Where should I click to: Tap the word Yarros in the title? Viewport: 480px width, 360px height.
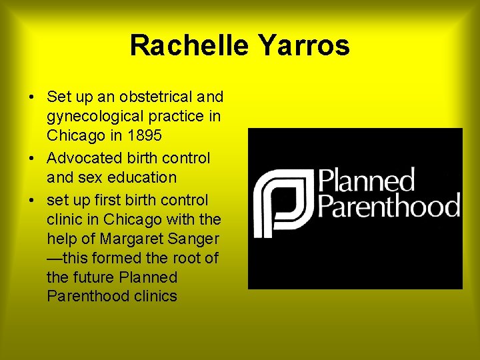(x=304, y=46)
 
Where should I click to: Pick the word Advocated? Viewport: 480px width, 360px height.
(x=82, y=159)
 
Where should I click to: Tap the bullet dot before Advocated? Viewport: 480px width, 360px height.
(x=33, y=159)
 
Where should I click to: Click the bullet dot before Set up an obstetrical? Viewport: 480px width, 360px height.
(x=33, y=97)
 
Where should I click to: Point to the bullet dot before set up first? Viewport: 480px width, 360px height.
(x=33, y=201)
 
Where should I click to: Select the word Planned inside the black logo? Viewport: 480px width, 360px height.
(x=366, y=181)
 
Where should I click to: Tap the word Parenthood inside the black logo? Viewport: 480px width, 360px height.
(x=389, y=205)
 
